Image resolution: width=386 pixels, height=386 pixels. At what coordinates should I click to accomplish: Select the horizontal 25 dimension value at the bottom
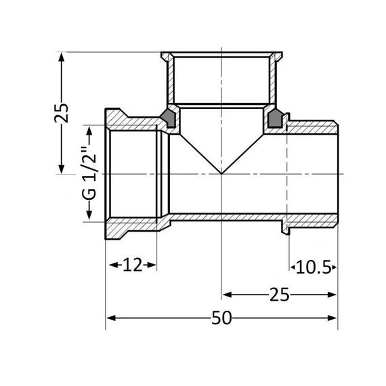[x=280, y=295]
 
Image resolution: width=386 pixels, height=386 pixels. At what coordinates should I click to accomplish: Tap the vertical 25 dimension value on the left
[x=62, y=112]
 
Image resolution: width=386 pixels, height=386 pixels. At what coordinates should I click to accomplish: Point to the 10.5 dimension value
[x=313, y=267]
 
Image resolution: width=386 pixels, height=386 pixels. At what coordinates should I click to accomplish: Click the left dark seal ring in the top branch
[x=167, y=119]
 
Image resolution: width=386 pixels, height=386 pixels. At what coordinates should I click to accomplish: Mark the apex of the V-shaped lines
[x=222, y=174]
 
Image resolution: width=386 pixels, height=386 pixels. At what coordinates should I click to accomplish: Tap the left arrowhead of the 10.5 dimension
[x=293, y=267]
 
